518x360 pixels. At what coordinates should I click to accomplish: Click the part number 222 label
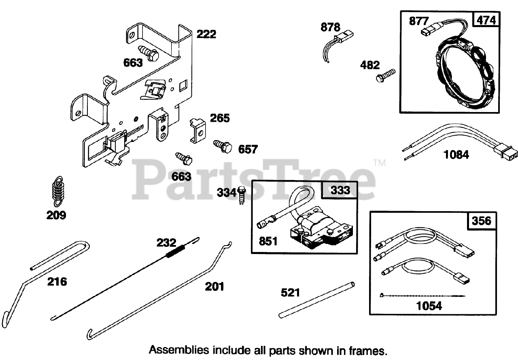(x=206, y=34)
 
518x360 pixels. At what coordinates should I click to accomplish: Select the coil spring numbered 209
(x=59, y=188)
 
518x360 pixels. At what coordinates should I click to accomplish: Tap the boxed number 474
(x=486, y=20)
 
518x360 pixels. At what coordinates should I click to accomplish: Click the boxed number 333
(x=340, y=190)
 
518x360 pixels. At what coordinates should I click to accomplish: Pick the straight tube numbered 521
(x=317, y=300)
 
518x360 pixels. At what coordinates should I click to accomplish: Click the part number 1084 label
(x=456, y=155)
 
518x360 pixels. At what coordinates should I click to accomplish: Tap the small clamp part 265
(x=197, y=129)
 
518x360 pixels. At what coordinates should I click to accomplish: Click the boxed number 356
(x=481, y=221)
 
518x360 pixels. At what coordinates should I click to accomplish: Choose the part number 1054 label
(x=429, y=306)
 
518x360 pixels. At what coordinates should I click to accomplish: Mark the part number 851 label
(x=268, y=241)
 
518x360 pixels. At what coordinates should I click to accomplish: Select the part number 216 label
(x=57, y=282)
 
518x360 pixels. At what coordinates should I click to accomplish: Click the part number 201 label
(x=214, y=287)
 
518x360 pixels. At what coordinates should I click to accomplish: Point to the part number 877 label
(x=419, y=21)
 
